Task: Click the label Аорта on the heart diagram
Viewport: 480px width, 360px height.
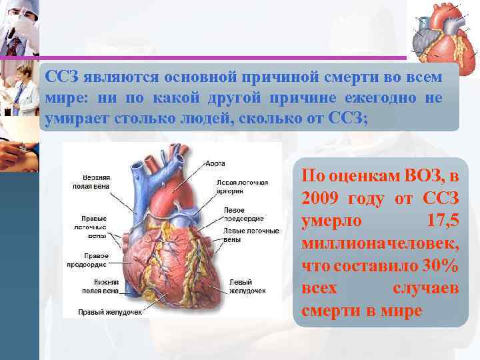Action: tap(215, 163)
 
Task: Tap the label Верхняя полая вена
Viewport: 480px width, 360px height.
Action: tap(91, 182)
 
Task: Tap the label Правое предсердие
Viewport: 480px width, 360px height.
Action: tap(91, 259)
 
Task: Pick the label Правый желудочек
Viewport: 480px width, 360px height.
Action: tap(101, 311)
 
